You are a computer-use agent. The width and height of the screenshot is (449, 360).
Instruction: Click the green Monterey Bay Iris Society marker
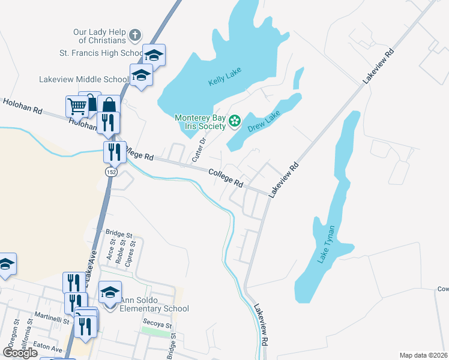(234, 122)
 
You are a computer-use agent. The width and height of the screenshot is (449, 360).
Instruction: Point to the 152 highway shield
(110, 172)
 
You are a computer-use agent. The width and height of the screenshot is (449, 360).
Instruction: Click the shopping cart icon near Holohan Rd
(76, 106)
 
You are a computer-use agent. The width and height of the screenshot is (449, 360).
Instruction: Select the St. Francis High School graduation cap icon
(154, 55)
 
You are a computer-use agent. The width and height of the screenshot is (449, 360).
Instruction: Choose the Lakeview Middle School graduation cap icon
(141, 75)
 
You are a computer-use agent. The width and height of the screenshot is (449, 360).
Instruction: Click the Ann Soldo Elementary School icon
(110, 292)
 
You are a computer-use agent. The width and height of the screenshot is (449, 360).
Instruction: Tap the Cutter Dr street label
(198, 149)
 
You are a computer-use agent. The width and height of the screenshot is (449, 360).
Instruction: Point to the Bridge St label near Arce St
(118, 233)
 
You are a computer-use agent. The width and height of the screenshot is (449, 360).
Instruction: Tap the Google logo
(20, 353)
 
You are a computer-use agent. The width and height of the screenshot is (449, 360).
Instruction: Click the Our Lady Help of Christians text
(99, 35)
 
